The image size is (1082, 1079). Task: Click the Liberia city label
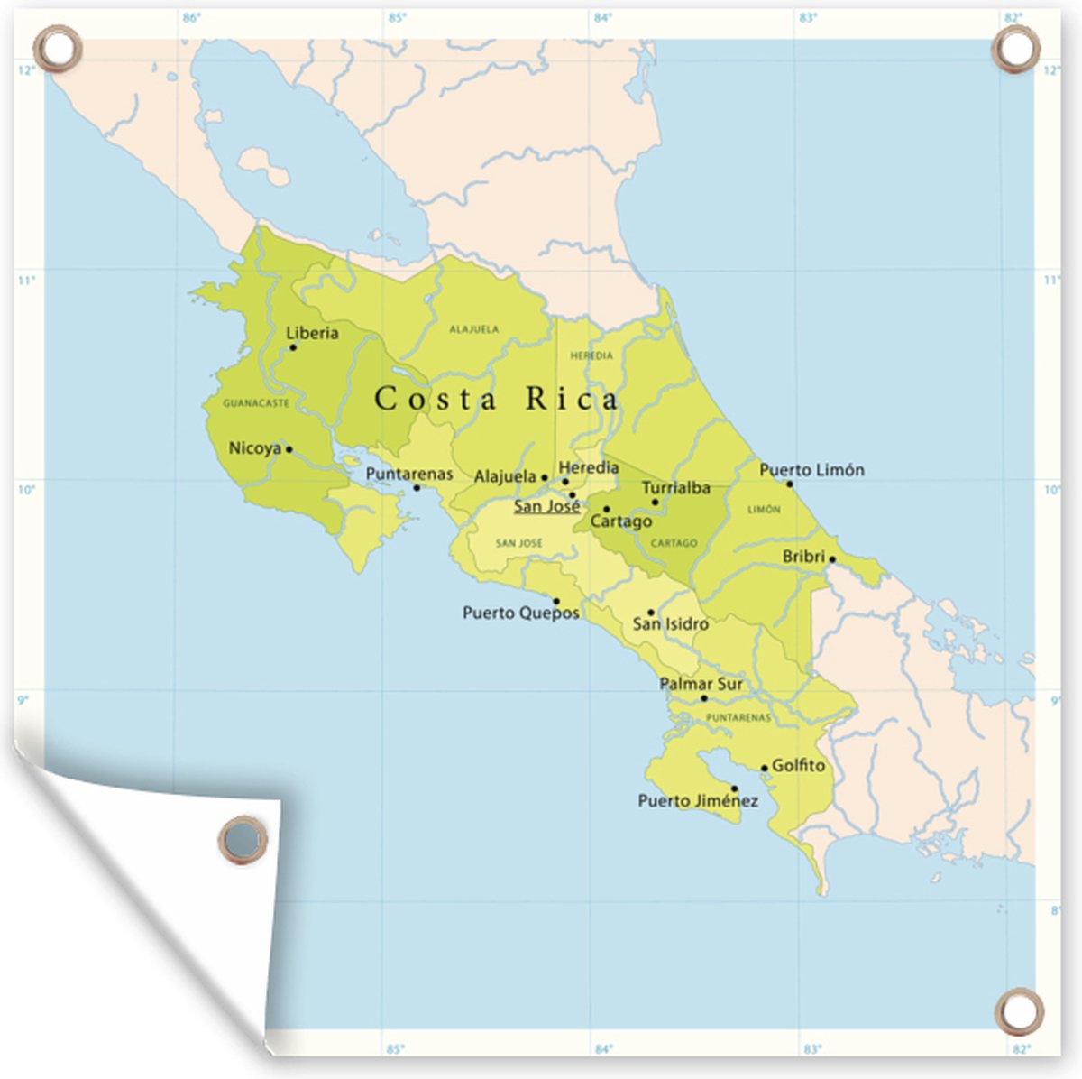(312, 333)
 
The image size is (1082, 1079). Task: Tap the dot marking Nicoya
(289, 449)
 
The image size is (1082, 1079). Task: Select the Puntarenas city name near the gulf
(409, 474)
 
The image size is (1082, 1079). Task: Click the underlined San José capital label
(546, 506)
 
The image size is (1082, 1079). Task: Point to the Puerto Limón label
(811, 470)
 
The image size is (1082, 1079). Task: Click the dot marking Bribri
(832, 559)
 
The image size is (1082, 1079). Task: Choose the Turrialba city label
(676, 488)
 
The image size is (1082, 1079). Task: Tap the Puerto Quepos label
(521, 613)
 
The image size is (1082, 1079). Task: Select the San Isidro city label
(670, 623)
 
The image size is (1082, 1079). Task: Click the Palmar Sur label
(701, 684)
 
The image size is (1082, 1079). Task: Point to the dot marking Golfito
(765, 769)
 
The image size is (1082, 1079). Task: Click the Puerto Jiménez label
(698, 800)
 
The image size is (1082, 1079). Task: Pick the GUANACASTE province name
(256, 403)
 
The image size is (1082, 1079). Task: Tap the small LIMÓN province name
(764, 510)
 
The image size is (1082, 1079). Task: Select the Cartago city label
(621, 521)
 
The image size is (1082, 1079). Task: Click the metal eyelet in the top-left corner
(57, 46)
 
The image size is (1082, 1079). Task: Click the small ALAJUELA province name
(473, 329)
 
